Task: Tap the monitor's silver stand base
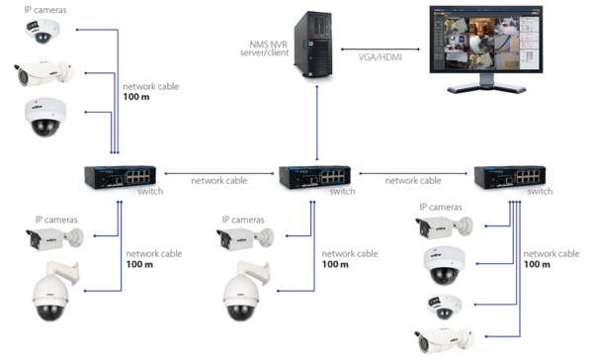point(485,89)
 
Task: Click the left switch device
point(117,176)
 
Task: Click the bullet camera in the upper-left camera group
point(42,72)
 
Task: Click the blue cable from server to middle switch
point(317,124)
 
